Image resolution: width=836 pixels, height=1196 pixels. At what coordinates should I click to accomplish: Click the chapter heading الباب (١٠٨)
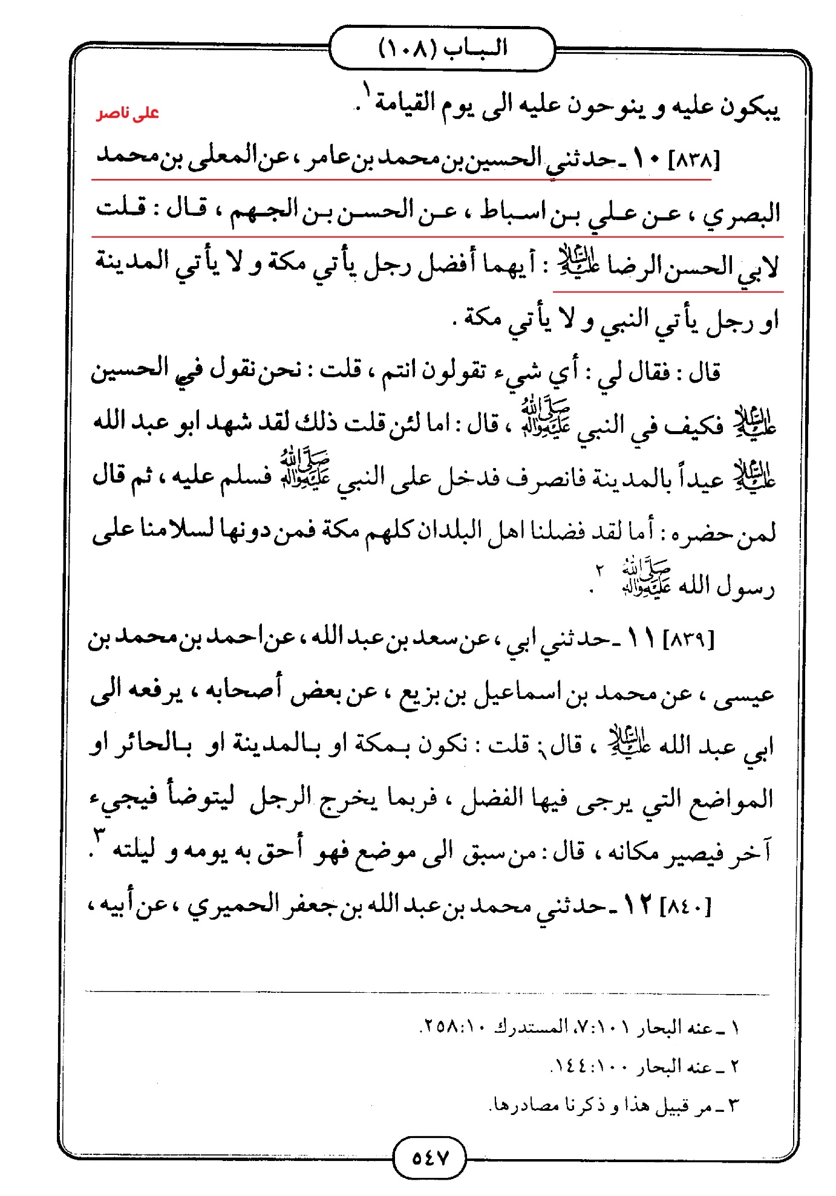coord(442,48)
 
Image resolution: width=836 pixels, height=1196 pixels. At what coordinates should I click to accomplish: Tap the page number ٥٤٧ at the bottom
coord(429,1157)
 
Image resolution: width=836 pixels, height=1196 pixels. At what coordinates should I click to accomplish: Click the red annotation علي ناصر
coord(128,113)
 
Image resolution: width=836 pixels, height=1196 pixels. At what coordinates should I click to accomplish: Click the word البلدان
coord(448,531)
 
